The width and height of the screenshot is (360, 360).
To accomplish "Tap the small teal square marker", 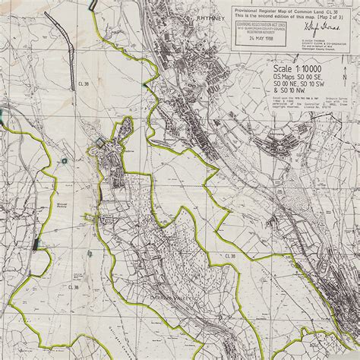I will [2, 115].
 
